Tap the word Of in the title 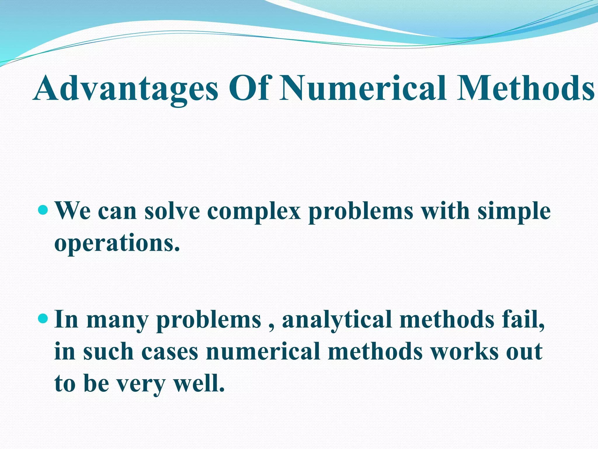coord(248,88)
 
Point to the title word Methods coord(526,88)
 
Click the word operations coord(117,244)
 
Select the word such coord(108,351)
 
